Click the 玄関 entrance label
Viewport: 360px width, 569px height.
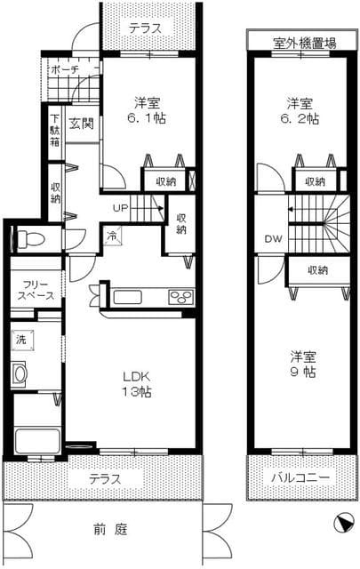pyautogui.click(x=82, y=124)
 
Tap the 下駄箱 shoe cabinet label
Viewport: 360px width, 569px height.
pyautogui.click(x=55, y=129)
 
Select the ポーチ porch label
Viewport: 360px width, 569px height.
pyautogui.click(x=65, y=68)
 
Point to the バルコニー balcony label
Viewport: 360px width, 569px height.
pyautogui.click(x=300, y=477)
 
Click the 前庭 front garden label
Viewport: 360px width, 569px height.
pyautogui.click(x=111, y=531)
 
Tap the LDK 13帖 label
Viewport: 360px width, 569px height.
pyautogui.click(x=130, y=384)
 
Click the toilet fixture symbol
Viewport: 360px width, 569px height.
pyautogui.click(x=27, y=238)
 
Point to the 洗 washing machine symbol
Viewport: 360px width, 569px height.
pyautogui.click(x=21, y=339)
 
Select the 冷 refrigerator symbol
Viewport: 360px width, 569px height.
pyautogui.click(x=113, y=236)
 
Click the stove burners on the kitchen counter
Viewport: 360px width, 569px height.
pyautogui.click(x=180, y=297)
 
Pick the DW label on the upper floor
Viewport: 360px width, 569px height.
pyautogui.click(x=272, y=238)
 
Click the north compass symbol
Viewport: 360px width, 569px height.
pyautogui.click(x=342, y=525)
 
